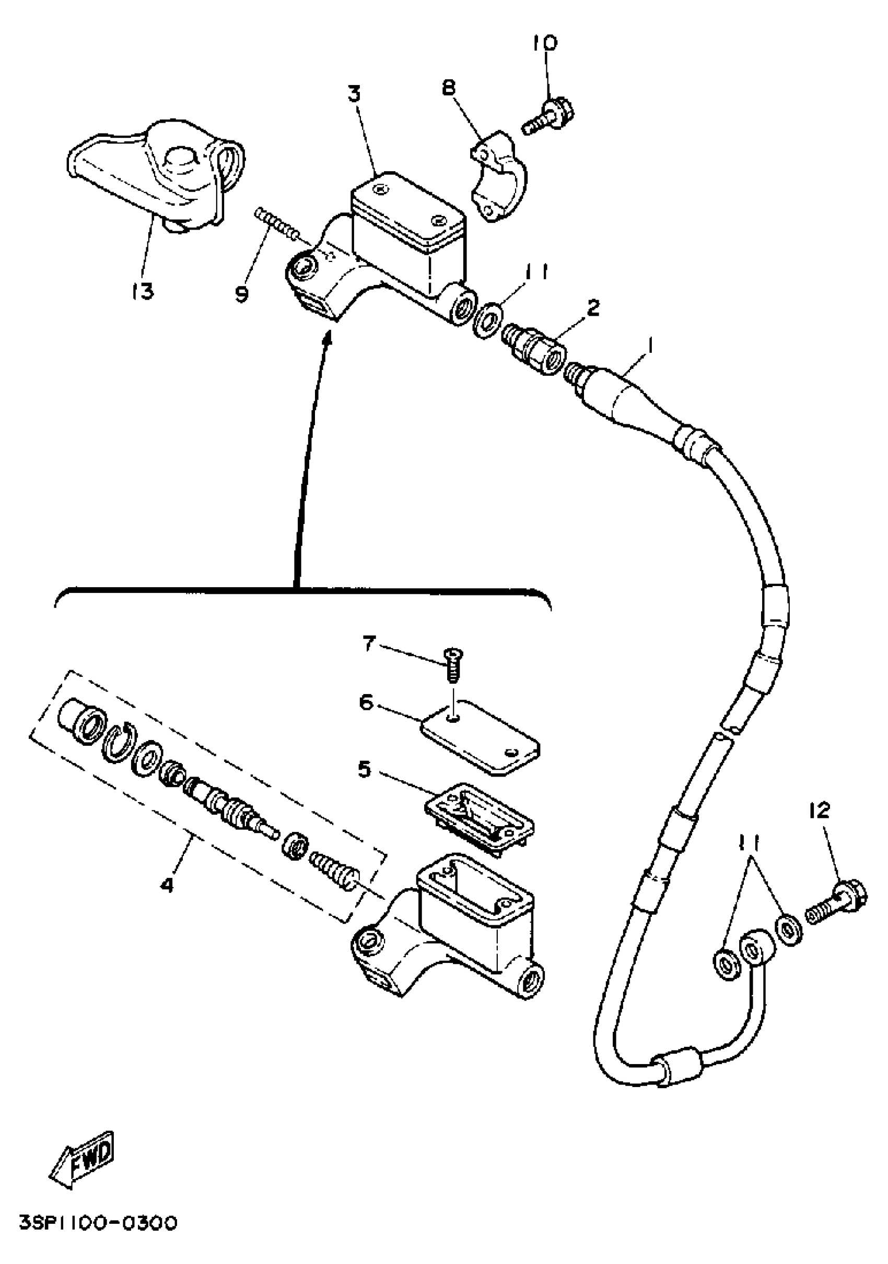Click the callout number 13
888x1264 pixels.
[142, 291]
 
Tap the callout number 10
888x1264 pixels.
[545, 43]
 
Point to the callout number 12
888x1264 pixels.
[819, 810]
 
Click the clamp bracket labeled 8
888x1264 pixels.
[498, 176]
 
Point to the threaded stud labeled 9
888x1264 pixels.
[275, 223]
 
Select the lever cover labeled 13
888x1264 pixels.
[157, 176]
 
